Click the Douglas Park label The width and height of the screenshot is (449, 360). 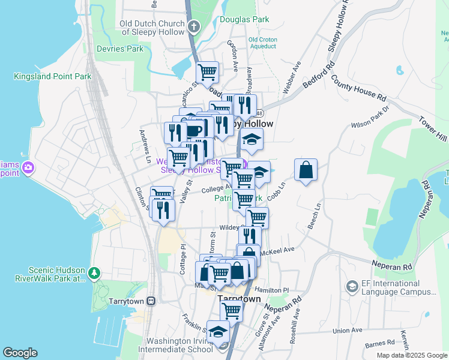(x=244, y=19)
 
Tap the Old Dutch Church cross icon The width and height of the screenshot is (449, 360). (x=193, y=26)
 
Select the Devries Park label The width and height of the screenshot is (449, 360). (x=119, y=49)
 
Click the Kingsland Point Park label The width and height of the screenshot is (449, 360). (x=53, y=76)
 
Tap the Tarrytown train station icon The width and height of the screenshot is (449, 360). (x=152, y=300)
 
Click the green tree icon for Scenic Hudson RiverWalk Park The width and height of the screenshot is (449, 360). (x=94, y=274)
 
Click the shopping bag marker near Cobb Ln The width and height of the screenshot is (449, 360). (x=306, y=170)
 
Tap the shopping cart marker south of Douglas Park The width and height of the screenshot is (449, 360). (x=207, y=72)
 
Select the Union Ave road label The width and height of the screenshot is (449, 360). (x=348, y=330)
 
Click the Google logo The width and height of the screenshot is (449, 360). (x=20, y=353)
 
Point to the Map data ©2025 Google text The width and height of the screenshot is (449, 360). (x=411, y=355)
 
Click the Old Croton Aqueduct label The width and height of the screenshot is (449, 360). (x=262, y=43)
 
